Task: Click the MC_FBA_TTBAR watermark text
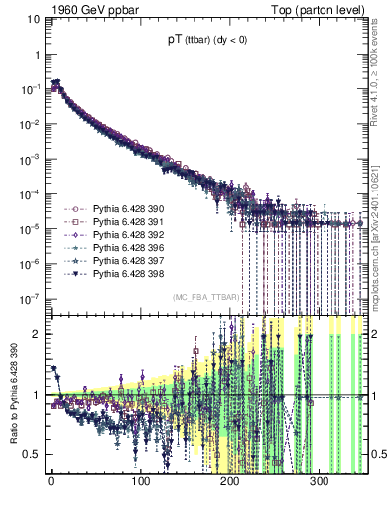click(x=203, y=298)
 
